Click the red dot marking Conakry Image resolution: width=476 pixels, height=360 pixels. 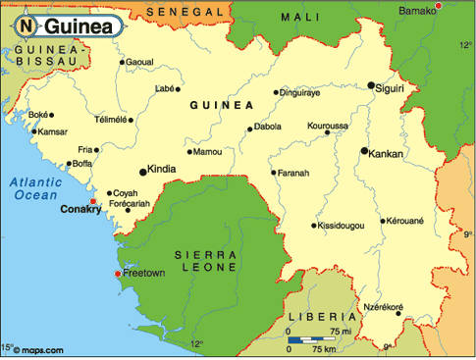[93, 201]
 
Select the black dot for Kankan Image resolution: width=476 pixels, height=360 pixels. [364, 151]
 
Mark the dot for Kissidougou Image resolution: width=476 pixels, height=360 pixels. [314, 226]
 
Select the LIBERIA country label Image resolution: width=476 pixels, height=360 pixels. [322, 317]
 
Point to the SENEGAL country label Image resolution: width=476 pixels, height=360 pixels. [184, 11]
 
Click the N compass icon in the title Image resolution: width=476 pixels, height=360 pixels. [28, 24]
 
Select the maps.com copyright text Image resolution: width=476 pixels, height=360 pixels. [37, 349]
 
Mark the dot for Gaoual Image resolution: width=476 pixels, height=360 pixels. [122, 63]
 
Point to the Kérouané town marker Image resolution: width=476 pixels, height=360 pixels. [384, 221]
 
